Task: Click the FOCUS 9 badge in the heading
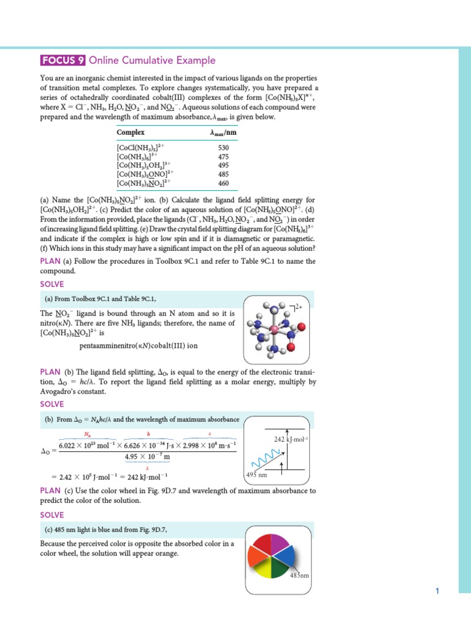click(63, 60)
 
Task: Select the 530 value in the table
click(223, 148)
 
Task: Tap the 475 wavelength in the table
click(223, 156)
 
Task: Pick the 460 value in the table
click(223, 183)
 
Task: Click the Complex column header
click(131, 132)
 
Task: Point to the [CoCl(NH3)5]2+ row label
click(140, 148)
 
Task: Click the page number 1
click(437, 591)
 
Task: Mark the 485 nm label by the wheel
click(300, 576)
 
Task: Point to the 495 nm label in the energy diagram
click(256, 475)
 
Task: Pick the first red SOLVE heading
click(52, 284)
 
